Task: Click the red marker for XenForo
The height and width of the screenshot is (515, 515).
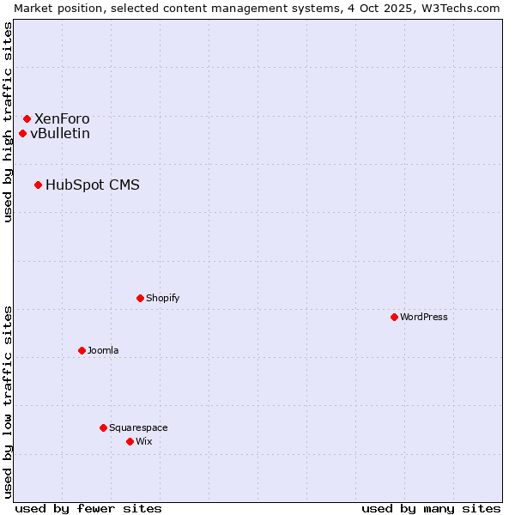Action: coord(27,118)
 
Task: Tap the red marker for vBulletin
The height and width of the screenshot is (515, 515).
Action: coord(22,133)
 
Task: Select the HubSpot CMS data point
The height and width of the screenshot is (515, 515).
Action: coord(38,185)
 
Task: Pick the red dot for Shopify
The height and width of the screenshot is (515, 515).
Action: coord(140,298)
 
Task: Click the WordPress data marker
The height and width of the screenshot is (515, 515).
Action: coord(394,317)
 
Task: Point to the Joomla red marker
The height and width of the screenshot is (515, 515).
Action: coord(82,350)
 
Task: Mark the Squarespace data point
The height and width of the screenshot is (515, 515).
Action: coord(103,427)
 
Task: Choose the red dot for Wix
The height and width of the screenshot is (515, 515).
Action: coord(130,441)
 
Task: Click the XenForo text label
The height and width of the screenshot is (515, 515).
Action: coord(62,119)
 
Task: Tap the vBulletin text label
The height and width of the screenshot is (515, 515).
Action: coord(60,134)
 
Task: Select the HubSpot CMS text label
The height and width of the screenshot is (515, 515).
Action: coord(93,185)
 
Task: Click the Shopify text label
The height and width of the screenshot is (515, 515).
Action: coord(163,299)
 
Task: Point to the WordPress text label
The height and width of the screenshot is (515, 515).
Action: coord(424,318)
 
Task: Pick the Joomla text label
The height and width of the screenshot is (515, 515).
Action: coord(103,351)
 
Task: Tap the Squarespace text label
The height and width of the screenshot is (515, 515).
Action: coord(138,428)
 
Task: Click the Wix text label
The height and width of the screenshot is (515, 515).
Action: coord(143,442)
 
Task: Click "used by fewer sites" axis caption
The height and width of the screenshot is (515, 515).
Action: coord(88,508)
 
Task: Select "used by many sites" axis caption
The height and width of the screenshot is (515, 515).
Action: coord(431,508)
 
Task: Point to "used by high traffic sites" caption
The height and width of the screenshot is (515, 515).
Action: coord(9,122)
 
